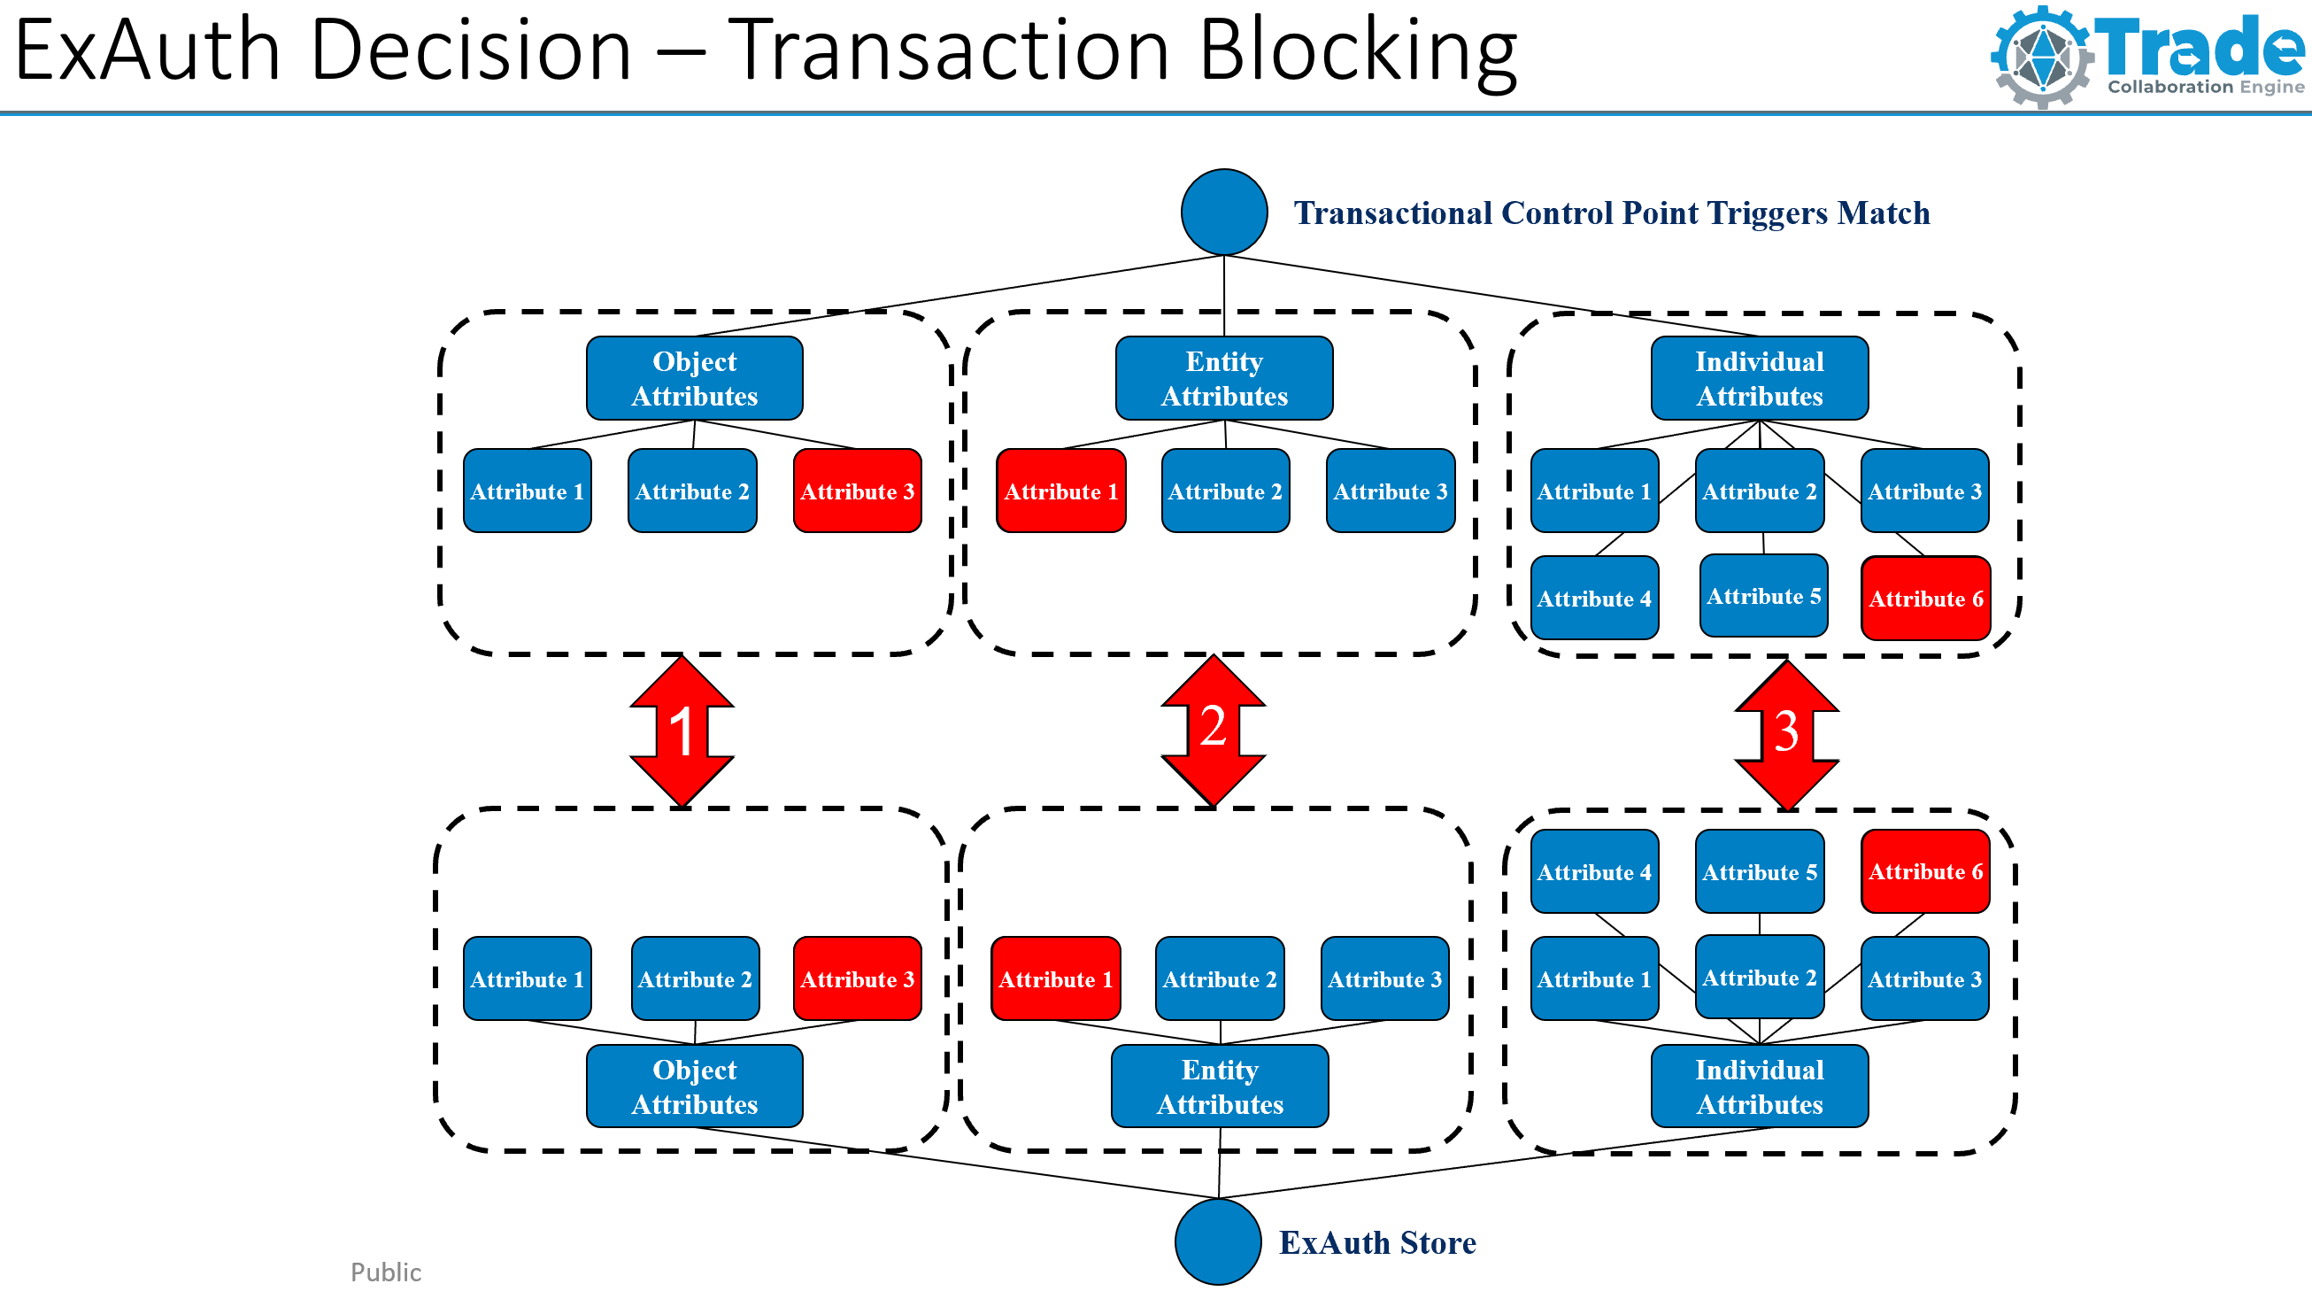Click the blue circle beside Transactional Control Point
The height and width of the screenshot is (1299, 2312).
[x=1223, y=212]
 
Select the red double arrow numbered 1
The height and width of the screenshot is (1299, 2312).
[x=682, y=731]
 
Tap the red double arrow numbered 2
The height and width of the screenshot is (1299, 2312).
[x=1213, y=729]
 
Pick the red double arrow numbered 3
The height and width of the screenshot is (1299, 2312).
[x=1786, y=733]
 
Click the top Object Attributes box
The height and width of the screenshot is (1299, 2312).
[x=694, y=378]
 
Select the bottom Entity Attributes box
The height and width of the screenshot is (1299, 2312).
[x=1219, y=1086]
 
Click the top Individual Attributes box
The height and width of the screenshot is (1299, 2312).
[x=1758, y=378]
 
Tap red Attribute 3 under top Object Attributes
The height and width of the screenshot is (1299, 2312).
[x=857, y=491]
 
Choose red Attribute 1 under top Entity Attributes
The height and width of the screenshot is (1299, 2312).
[x=1060, y=491]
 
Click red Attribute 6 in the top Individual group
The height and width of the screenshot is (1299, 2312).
[x=1925, y=598]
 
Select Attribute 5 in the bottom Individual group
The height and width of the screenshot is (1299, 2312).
[x=1758, y=870]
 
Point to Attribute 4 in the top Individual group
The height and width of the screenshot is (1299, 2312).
[x=1593, y=598]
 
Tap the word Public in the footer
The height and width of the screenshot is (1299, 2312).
[x=385, y=1272]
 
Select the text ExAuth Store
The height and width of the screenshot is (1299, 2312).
[x=1376, y=1242]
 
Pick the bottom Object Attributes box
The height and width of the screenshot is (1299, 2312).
[x=694, y=1086]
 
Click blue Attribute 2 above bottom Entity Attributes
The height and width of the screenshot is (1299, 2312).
[x=1219, y=978]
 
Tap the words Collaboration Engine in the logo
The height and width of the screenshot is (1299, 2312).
[x=2205, y=87]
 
